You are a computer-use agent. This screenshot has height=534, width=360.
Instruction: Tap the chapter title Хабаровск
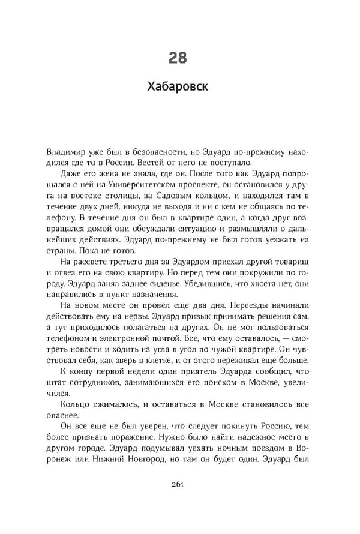point(178,88)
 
